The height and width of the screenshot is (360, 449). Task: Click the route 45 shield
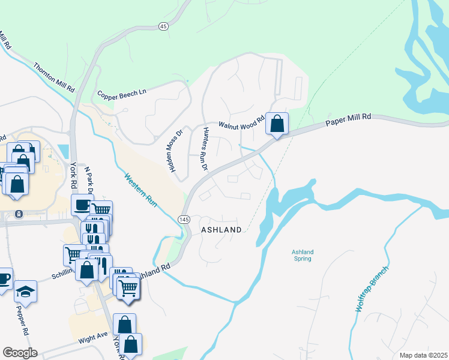[x=163, y=26]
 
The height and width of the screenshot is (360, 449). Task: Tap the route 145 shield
[x=184, y=220]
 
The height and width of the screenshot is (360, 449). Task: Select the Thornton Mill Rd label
[x=54, y=77]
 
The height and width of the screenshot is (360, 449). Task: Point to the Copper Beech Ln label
[x=122, y=95]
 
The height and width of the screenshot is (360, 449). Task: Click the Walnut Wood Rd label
[x=241, y=124]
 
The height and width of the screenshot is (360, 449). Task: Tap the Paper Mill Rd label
[x=349, y=119]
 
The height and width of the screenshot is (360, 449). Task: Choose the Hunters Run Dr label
[x=204, y=149]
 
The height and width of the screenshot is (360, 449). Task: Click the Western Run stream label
[x=140, y=191]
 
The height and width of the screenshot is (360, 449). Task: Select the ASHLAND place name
[x=221, y=230]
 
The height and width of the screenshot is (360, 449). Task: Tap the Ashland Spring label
[x=303, y=256]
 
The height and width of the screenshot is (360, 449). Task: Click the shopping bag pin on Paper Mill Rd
[x=277, y=124]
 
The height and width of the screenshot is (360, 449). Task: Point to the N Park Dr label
[x=90, y=180]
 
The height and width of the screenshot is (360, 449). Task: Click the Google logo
[x=20, y=353]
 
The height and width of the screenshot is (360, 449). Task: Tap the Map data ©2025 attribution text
[x=423, y=355]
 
